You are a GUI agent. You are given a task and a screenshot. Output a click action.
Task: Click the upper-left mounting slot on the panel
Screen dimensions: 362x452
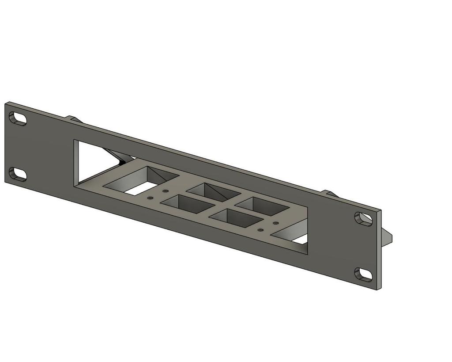pyautogui.click(x=18, y=118)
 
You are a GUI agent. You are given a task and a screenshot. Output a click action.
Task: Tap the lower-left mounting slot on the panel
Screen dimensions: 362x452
pyautogui.click(x=18, y=174)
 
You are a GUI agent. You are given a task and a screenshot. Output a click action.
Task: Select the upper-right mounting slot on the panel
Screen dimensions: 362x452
pyautogui.click(x=363, y=218)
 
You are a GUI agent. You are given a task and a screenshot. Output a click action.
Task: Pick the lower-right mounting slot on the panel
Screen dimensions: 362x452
pyautogui.click(x=363, y=274)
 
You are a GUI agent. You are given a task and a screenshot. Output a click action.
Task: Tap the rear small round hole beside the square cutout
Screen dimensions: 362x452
pyautogui.click(x=166, y=191)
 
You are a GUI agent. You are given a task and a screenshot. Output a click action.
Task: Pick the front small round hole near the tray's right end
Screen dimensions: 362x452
pyautogui.click(x=261, y=230)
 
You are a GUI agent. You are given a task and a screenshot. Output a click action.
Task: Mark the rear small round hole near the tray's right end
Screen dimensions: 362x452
pyautogui.click(x=276, y=223)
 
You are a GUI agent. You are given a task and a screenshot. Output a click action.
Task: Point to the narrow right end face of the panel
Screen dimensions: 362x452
pyautogui.click(x=379, y=250)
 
